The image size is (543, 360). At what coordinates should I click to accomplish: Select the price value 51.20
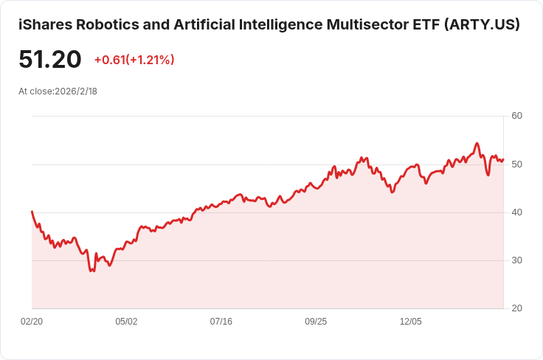(x=50, y=60)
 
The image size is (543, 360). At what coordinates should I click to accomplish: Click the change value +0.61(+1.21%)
(x=134, y=60)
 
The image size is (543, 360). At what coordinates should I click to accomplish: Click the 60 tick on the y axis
(x=516, y=116)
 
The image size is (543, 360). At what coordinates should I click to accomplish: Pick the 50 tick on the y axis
(x=516, y=164)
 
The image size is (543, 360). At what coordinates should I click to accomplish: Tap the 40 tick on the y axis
(x=516, y=212)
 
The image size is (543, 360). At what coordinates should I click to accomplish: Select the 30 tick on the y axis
(x=516, y=260)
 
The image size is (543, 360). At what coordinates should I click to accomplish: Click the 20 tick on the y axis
(x=516, y=308)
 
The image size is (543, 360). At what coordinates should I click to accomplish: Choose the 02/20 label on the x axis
(x=31, y=322)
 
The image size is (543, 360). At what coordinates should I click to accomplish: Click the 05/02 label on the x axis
(x=126, y=322)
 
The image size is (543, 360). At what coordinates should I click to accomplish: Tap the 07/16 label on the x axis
(x=221, y=322)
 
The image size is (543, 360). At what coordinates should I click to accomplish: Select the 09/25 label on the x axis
(x=316, y=322)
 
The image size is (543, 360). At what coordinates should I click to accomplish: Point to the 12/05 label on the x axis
(x=410, y=322)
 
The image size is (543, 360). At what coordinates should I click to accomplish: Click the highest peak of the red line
(x=477, y=143)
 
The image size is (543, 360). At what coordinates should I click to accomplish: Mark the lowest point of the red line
(x=91, y=271)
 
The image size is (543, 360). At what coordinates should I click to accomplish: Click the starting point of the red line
(x=32, y=212)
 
